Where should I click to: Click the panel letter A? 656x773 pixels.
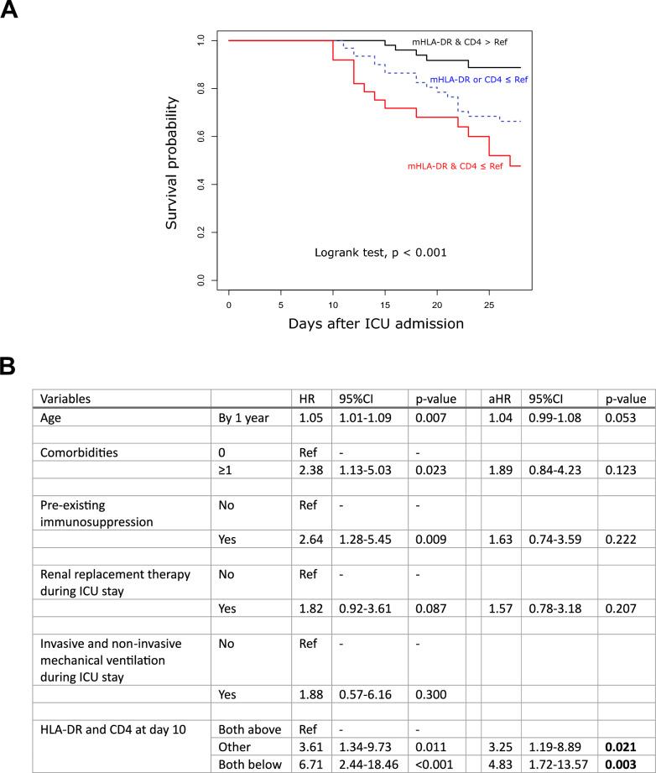12,14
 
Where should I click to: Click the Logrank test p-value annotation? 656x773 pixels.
375,251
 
